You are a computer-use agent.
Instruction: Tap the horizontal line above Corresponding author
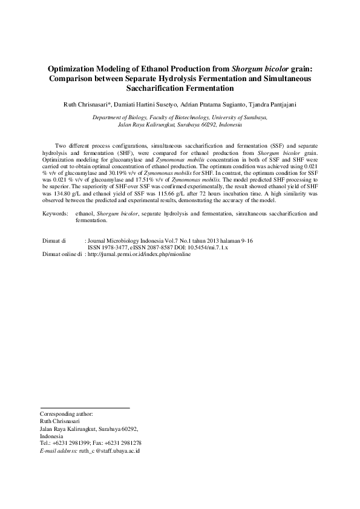tap(85, 408)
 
